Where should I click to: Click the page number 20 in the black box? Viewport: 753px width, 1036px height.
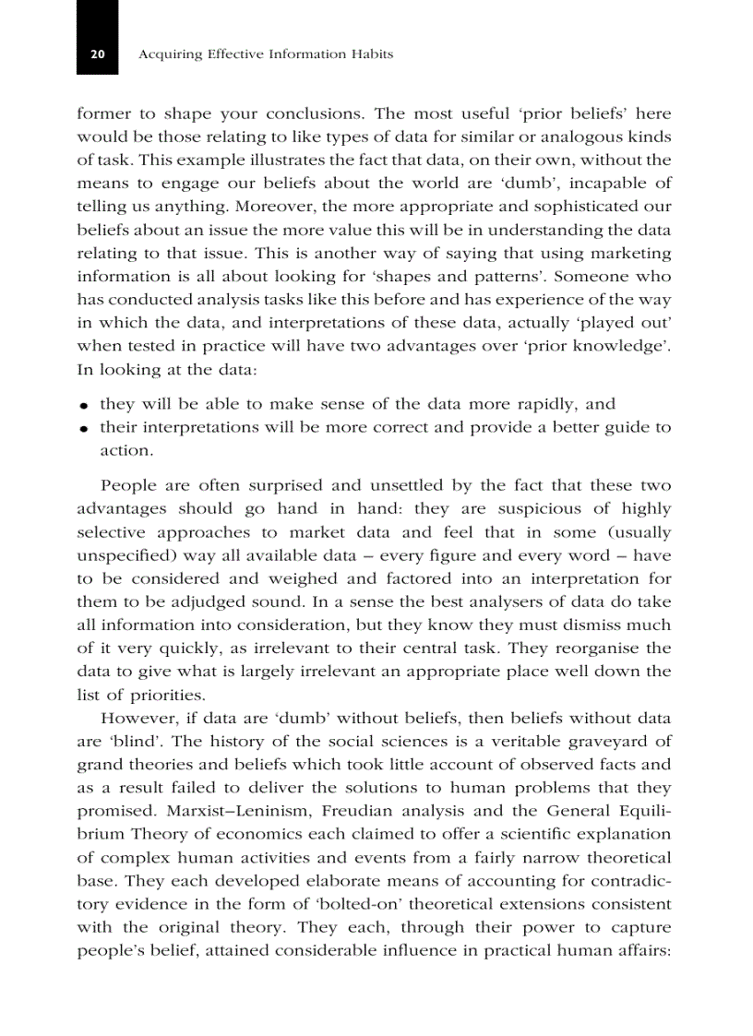[x=97, y=55]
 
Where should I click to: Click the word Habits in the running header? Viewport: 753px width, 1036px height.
[x=372, y=55]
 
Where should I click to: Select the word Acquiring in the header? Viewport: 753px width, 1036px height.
[x=167, y=55]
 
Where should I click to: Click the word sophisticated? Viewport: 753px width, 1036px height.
[x=572, y=208]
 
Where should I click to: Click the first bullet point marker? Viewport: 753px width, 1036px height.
[x=84, y=406]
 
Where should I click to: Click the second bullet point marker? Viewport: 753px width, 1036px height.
[x=84, y=429]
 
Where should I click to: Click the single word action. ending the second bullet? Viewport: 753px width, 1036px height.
[x=125, y=451]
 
